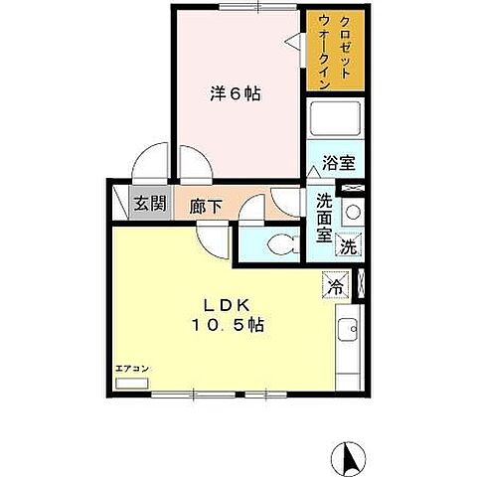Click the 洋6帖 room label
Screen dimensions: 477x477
[235, 94]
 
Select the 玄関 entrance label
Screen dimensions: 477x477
[151, 207]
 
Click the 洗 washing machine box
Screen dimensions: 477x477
[349, 244]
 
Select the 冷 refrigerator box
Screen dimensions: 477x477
[337, 284]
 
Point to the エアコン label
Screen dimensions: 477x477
[131, 369]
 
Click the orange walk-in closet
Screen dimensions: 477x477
[334, 52]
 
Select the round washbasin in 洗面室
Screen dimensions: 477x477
[353, 211]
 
